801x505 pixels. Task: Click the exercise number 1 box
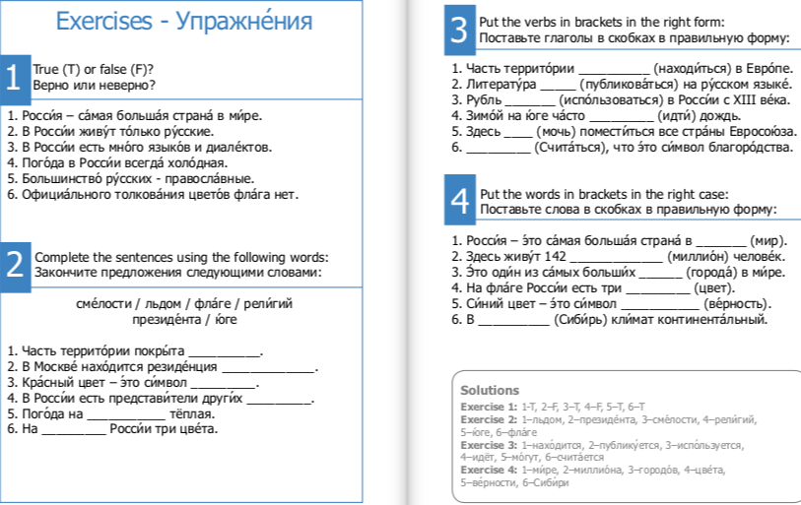[13, 78]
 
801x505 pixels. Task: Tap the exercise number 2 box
[13, 263]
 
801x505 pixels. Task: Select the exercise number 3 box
[459, 30]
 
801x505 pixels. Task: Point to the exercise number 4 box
[459, 201]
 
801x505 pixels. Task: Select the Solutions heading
[490, 391]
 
